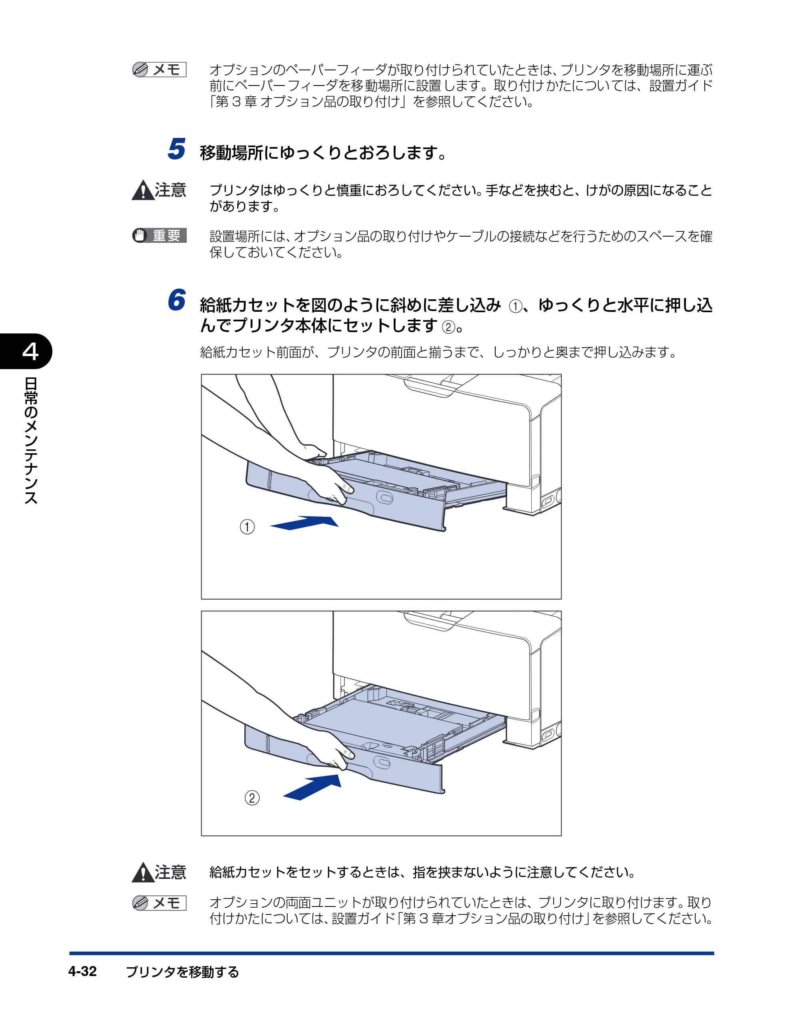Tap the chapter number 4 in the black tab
(30, 351)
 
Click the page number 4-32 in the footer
(82, 971)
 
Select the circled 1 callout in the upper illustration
(247, 526)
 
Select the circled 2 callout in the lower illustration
(252, 798)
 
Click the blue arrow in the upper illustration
(304, 522)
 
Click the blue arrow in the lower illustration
(312, 787)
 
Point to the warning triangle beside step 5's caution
(143, 191)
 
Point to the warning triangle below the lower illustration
(143, 873)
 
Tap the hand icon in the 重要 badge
(140, 235)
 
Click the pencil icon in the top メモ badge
(140, 70)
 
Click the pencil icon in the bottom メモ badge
(140, 903)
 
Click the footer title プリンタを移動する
(182, 972)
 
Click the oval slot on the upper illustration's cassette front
(384, 498)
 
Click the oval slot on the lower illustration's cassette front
(382, 762)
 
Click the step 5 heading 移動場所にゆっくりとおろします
(323, 153)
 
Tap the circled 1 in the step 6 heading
(516, 307)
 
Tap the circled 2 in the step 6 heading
(448, 327)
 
